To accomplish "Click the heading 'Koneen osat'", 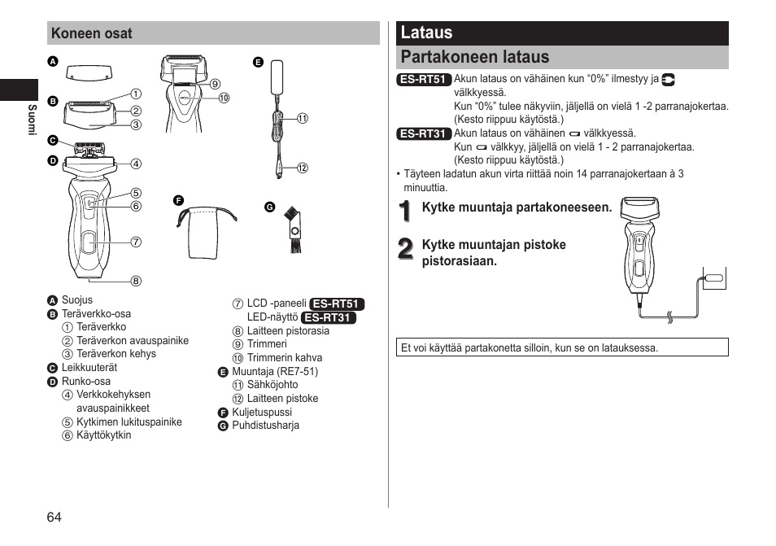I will point(91,33).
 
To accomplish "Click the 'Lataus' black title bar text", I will point(426,33).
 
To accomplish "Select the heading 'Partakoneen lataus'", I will point(474,57).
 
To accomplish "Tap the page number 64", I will point(54,517).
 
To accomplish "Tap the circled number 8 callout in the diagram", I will point(136,282).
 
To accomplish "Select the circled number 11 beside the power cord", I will point(302,118).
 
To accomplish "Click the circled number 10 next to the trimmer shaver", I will point(224,98).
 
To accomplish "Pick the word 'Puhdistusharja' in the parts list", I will point(265,426).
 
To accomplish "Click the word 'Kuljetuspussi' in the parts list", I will point(261,413).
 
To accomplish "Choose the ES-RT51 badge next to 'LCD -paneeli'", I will point(337,304).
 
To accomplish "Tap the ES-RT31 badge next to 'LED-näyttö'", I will point(329,318).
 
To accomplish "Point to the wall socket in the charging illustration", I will point(713,278).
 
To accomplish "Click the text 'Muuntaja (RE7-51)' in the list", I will point(275,372).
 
